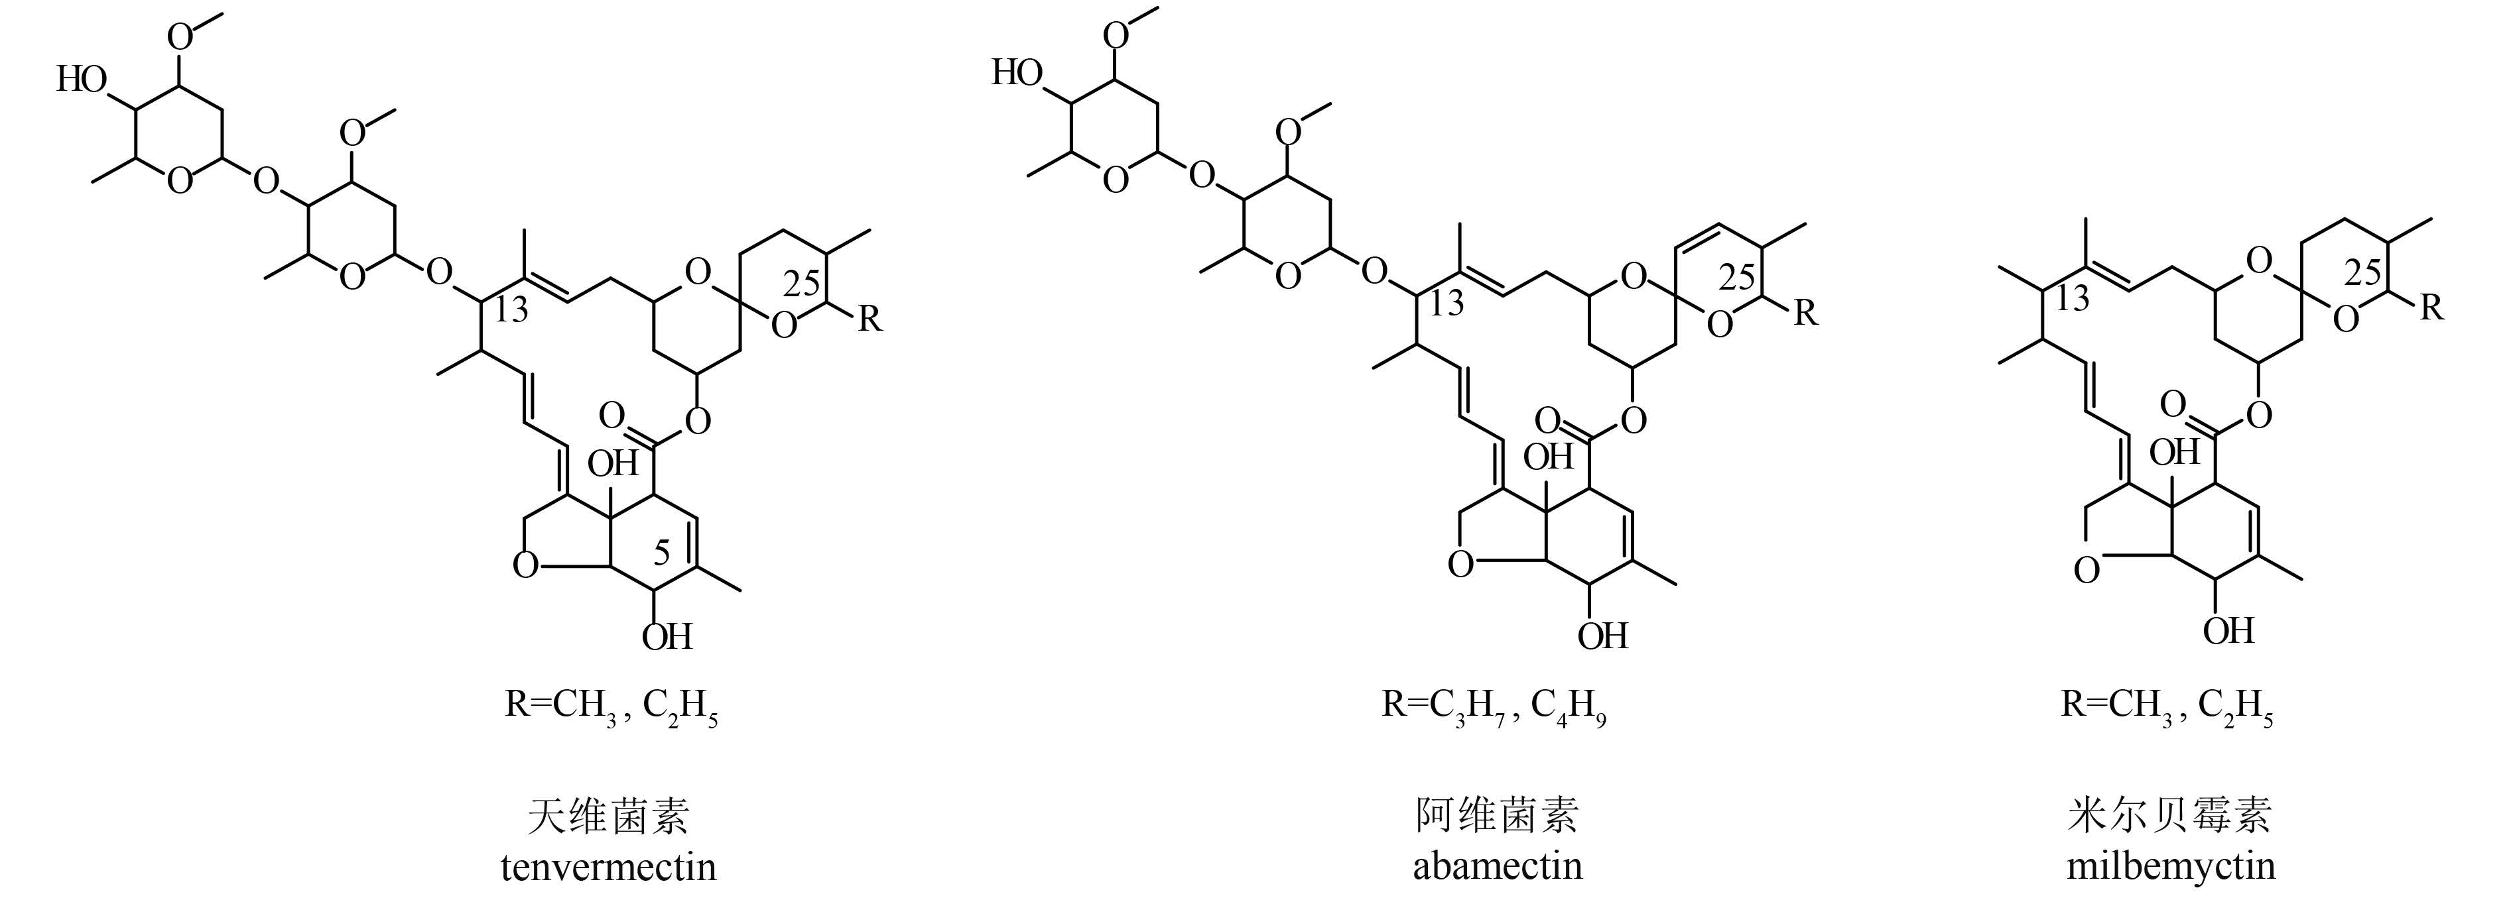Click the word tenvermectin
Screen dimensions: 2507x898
pyautogui.click(x=608, y=866)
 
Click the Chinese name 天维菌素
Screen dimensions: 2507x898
pyautogui.click(x=608, y=815)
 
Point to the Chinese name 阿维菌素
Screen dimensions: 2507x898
pyautogui.click(x=1497, y=814)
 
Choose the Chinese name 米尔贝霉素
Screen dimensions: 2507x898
pyautogui.click(x=2169, y=814)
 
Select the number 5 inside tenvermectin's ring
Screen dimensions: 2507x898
pyautogui.click(x=662, y=553)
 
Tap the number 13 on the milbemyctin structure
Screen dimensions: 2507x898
pyautogui.click(x=2073, y=298)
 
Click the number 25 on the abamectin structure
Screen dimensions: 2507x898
pyautogui.click(x=1736, y=279)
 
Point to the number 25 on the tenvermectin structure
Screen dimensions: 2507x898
pyautogui.click(x=801, y=284)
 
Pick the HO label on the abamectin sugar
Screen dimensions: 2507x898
pyautogui.click(x=1017, y=73)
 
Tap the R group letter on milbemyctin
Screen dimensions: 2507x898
pyautogui.click(x=2431, y=308)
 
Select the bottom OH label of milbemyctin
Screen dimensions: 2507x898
pyautogui.click(x=2228, y=630)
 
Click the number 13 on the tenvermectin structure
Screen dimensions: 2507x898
pyautogui.click(x=511, y=309)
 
